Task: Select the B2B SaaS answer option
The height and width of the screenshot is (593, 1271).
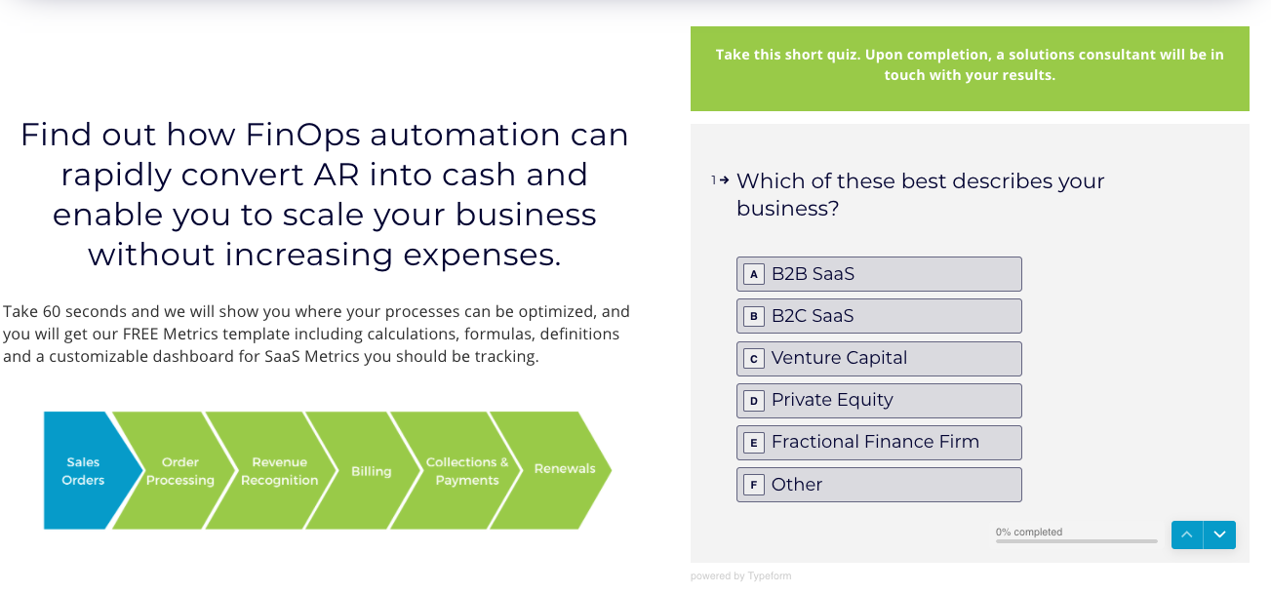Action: pos(879,274)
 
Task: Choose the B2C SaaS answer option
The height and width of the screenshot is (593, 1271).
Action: pos(879,316)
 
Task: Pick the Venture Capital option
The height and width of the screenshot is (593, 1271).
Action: pos(879,358)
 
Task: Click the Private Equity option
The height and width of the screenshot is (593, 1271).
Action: pos(879,400)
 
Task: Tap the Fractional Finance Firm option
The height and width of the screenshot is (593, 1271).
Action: pos(879,442)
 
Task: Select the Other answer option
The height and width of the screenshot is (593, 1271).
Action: pos(879,485)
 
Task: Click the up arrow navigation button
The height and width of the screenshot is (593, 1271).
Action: pos(1187,534)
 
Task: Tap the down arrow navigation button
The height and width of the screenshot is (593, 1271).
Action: pos(1219,534)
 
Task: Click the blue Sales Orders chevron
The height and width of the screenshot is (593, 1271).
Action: pos(85,470)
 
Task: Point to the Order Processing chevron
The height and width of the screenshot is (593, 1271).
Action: pos(176,470)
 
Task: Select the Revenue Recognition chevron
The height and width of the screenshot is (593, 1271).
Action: pos(275,470)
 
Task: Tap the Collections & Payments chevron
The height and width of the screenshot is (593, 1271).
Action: pos(459,470)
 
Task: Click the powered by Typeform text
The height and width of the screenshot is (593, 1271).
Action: pos(740,576)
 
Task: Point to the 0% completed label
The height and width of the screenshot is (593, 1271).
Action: pos(1029,532)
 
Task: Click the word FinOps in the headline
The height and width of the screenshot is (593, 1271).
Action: pos(302,135)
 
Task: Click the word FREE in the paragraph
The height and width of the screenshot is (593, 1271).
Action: pos(140,334)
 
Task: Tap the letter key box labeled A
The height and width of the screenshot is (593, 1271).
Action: pos(753,275)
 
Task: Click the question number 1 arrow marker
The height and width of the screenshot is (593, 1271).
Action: pos(720,180)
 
